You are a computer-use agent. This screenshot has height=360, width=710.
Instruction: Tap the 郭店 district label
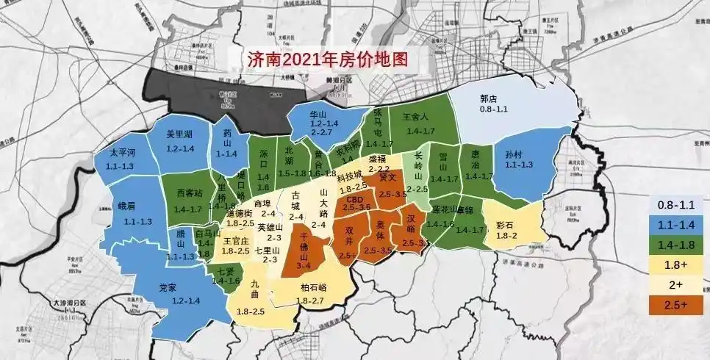pos(489,98)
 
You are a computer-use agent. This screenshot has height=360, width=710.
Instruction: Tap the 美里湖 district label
pos(179,135)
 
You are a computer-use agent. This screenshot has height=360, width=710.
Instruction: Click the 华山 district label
pos(318,115)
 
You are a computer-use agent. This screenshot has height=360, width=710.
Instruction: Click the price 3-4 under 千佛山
pos(307,258)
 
